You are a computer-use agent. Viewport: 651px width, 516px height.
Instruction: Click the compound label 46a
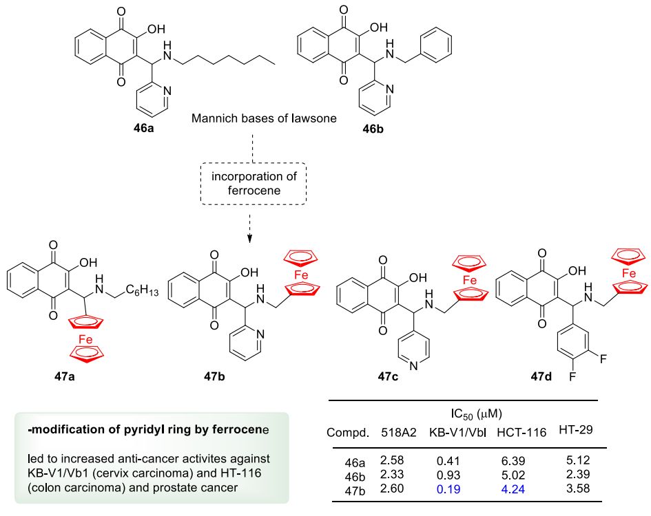143,128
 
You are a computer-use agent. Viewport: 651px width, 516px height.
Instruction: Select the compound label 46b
373,129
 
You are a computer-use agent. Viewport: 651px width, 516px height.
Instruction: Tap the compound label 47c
388,376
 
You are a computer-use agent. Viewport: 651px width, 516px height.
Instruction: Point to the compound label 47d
541,376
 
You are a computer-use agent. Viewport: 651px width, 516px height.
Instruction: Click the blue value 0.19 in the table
448,489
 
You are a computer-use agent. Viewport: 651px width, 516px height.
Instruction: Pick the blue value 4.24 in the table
513,489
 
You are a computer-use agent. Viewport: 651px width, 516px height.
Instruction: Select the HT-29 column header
576,430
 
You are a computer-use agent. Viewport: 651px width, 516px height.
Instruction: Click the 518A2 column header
399,433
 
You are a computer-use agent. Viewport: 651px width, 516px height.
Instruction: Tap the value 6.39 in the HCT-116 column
513,461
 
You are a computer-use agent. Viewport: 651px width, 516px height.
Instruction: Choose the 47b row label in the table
355,491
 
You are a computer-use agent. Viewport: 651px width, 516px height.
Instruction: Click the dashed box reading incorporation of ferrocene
254,184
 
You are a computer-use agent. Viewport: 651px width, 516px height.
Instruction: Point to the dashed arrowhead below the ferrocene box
249,239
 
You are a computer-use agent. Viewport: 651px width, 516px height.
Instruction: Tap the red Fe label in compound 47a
85,339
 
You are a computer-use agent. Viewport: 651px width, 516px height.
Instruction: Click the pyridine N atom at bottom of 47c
413,366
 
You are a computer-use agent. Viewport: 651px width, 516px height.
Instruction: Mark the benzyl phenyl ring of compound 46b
436,43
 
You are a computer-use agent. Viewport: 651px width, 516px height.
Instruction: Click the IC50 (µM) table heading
476,414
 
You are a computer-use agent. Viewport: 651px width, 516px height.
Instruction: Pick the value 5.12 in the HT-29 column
578,460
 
